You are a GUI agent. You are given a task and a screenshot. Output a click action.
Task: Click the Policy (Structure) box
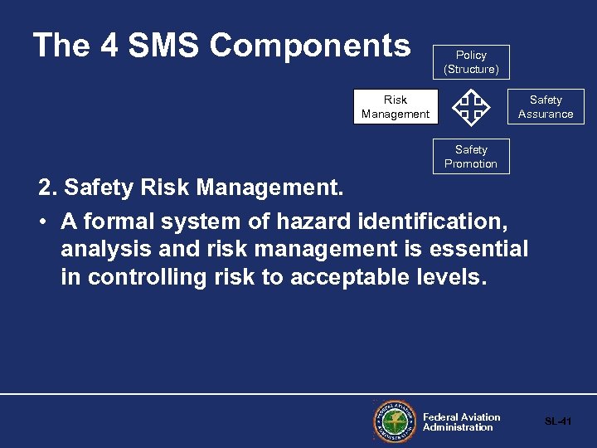(x=471, y=62)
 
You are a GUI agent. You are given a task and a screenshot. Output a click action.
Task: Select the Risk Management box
(x=395, y=106)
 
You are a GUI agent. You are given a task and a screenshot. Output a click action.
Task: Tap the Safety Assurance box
(x=546, y=106)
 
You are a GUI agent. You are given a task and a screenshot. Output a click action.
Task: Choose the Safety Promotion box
(x=471, y=156)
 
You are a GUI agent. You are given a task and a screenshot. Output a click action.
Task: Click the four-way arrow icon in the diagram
(x=471, y=107)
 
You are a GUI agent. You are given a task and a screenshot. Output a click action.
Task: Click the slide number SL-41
(x=558, y=421)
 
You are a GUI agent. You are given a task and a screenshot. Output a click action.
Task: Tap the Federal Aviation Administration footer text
(x=461, y=422)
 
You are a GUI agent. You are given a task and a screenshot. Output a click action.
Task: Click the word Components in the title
(x=310, y=46)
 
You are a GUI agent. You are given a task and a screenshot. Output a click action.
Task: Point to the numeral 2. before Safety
(x=47, y=188)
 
